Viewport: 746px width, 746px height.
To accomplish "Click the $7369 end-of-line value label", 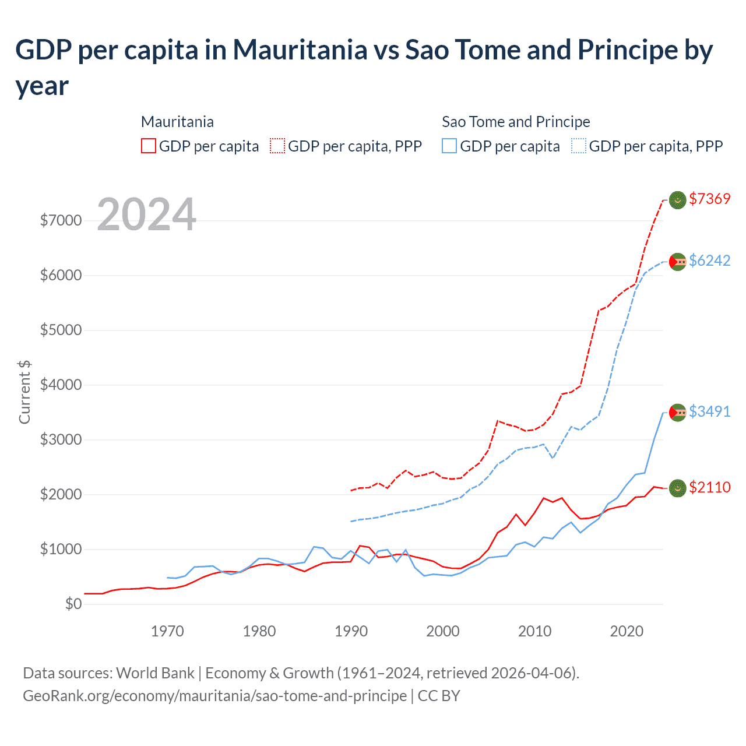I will (709, 199).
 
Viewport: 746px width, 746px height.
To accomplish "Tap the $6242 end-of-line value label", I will (709, 261).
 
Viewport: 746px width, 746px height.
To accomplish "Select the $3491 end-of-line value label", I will (709, 411).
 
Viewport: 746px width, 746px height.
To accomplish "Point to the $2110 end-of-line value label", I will (709, 487).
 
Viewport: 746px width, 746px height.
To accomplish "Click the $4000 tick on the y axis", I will (61, 385).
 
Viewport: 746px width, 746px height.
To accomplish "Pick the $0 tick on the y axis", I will (73, 604).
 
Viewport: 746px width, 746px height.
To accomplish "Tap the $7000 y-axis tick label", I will (61, 221).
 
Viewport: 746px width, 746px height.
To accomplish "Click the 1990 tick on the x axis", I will (351, 631).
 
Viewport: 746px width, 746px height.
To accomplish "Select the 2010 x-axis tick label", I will (535, 631).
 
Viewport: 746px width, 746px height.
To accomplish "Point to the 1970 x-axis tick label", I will (167, 631).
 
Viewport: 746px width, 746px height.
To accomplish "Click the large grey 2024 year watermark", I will (147, 214).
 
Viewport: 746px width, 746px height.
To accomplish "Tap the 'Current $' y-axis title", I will (24, 392).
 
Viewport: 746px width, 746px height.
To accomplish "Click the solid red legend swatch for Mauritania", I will (149, 146).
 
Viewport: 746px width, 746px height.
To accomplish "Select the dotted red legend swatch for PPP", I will (277, 146).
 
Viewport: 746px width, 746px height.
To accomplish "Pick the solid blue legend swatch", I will (449, 146).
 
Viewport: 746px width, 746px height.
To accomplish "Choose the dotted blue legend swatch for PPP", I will (579, 146).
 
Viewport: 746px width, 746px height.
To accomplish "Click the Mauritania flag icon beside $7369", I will (677, 200).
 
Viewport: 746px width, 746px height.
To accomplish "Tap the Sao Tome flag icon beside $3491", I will (677, 413).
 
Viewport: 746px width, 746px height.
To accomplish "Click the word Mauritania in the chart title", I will (300, 50).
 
